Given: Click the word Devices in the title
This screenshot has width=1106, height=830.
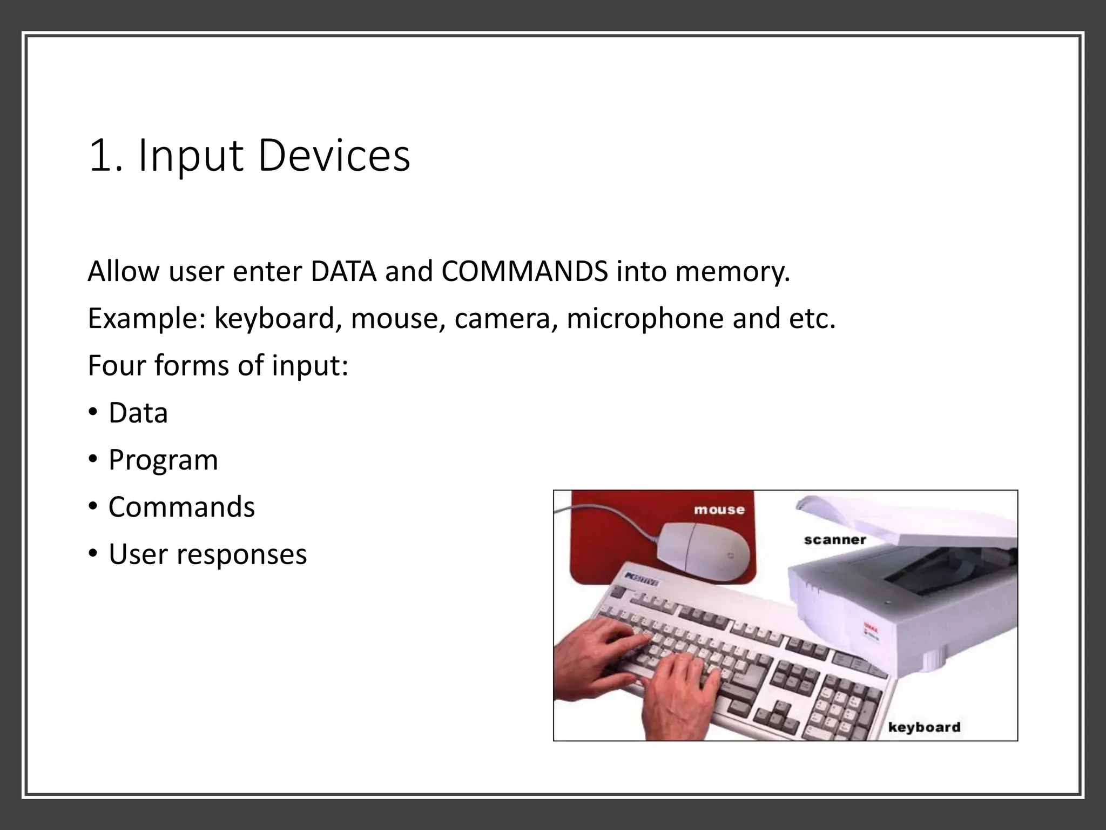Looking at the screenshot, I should tap(334, 157).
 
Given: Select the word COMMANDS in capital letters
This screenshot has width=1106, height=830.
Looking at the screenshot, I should tap(524, 271).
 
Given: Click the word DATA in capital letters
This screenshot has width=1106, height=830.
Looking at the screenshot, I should tap(343, 271).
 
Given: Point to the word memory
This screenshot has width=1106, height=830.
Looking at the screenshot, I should tap(732, 271).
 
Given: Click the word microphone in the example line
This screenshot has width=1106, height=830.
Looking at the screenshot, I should tap(645, 318).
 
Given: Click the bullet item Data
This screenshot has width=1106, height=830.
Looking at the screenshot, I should tap(138, 413).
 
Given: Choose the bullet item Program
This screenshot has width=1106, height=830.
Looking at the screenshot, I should tap(163, 460).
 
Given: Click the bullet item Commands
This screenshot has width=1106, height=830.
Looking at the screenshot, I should tap(181, 507).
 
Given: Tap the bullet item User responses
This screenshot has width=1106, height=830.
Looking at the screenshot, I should tap(207, 554).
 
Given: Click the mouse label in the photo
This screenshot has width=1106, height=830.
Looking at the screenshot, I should tap(719, 510).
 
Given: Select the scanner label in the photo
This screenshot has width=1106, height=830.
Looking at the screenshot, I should tap(835, 540).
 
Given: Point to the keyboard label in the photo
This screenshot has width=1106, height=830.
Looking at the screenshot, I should tap(925, 727).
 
